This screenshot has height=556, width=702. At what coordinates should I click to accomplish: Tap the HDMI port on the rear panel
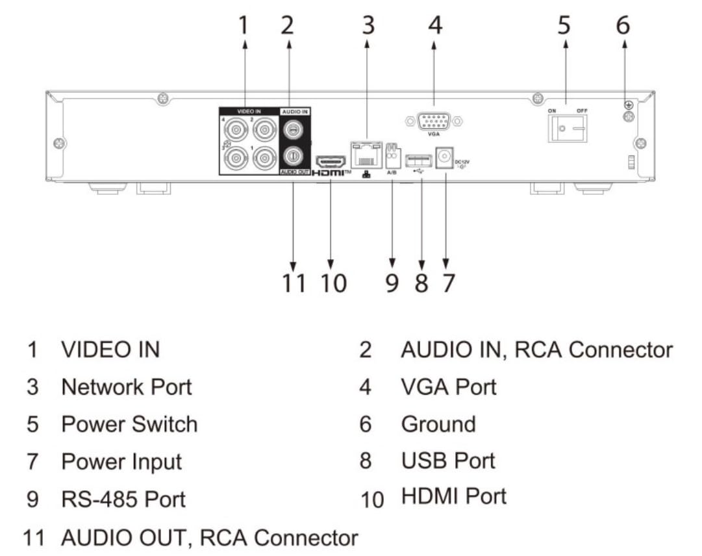click(331, 161)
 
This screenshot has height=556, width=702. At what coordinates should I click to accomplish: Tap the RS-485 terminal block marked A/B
click(392, 157)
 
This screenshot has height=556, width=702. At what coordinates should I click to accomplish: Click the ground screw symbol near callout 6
click(628, 105)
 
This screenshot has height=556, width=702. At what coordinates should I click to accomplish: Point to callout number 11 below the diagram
click(294, 283)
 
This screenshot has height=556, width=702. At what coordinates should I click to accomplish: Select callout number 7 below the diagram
click(447, 283)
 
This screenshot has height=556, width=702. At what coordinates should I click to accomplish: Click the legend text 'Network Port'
click(127, 387)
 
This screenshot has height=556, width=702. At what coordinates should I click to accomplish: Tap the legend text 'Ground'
click(438, 424)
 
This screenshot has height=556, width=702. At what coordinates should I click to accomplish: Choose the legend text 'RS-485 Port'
click(123, 499)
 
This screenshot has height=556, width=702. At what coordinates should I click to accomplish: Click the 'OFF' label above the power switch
click(581, 111)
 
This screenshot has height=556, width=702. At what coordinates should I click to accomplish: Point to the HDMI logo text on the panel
click(333, 173)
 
